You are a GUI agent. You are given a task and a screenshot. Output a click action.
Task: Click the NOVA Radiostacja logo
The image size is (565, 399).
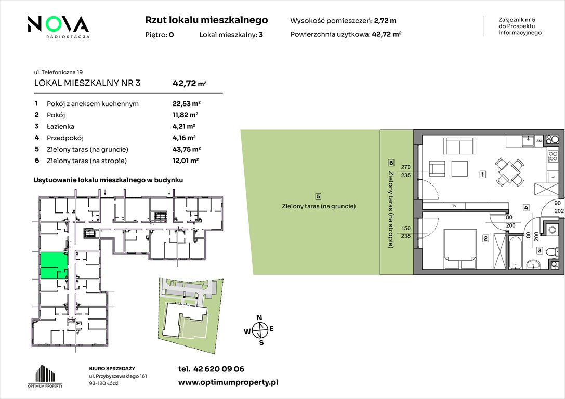58,26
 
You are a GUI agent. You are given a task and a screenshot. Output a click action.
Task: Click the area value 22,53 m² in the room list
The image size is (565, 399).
186,104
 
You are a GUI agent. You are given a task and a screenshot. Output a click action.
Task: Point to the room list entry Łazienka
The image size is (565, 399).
60,126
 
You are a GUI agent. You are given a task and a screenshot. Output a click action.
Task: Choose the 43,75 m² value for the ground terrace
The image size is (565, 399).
186,149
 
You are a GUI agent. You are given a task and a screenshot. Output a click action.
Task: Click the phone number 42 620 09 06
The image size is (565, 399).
219,369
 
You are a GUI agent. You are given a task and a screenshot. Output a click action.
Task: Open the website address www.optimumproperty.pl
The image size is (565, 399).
228,383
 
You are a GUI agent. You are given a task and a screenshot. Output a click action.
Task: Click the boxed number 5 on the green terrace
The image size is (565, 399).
318,196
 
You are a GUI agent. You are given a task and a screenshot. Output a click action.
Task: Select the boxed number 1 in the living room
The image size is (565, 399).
483,175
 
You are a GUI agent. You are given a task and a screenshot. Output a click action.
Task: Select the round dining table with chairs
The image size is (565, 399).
508,171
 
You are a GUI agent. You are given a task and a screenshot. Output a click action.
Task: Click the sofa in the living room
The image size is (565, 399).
459,147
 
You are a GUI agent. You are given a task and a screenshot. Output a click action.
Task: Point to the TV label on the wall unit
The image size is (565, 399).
454,206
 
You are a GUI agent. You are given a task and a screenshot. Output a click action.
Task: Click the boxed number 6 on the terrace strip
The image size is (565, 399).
391,163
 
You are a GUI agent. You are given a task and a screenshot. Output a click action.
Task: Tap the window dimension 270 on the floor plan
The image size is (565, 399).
406,167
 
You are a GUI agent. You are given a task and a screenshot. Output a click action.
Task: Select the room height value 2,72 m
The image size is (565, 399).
385,21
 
